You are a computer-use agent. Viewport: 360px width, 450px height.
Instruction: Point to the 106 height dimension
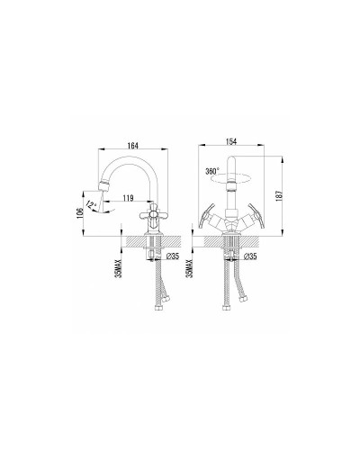pos(80,209)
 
